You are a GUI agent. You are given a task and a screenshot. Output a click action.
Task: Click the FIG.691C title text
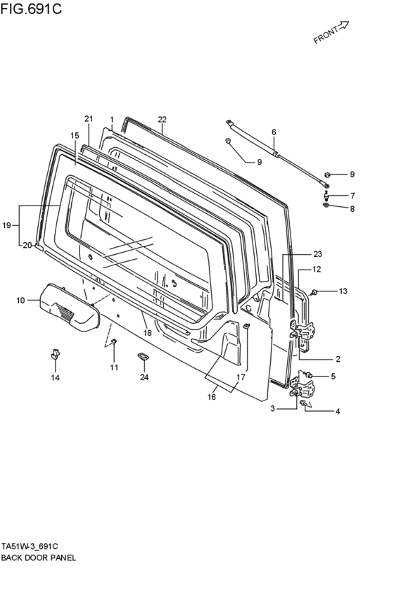31,8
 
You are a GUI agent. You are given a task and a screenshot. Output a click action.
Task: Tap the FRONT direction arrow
343,25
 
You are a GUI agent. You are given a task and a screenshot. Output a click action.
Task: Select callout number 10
20,301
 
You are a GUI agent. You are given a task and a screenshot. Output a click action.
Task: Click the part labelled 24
144,356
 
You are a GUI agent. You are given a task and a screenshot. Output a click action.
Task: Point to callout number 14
56,377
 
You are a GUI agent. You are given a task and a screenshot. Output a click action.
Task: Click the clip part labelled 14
56,354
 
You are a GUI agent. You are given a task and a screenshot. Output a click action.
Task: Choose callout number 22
163,119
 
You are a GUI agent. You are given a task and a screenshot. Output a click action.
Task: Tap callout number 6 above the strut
274,132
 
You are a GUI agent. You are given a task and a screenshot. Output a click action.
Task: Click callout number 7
352,196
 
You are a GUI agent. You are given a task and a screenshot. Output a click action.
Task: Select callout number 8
352,208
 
